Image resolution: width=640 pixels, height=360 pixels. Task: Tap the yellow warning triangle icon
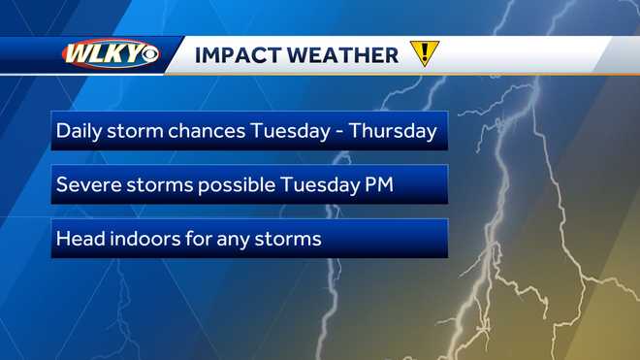tap(424, 54)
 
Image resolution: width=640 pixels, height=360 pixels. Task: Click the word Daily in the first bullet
tap(78, 131)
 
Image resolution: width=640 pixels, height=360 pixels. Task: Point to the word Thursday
tap(394, 131)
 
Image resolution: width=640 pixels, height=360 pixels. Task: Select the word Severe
tap(87, 184)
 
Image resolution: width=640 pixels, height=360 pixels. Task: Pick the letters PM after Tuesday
tap(378, 184)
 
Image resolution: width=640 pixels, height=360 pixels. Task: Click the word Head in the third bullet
tap(79, 238)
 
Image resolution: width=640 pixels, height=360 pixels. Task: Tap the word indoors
tap(147, 238)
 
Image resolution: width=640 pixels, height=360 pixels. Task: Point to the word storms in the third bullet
tap(291, 238)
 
